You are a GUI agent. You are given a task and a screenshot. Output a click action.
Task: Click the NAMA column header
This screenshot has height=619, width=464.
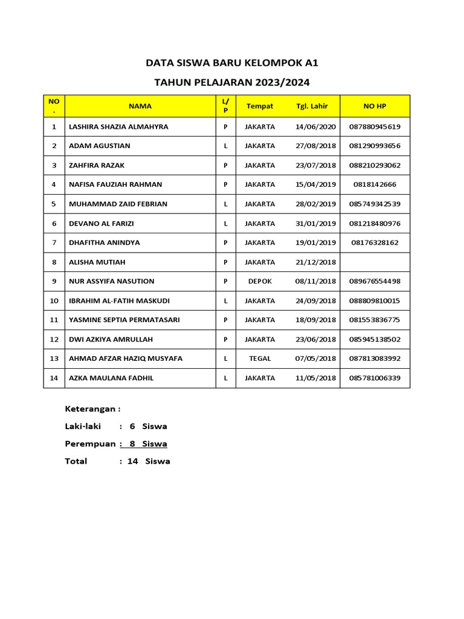pos(140,106)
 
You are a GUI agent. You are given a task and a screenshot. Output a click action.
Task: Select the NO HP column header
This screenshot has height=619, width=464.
pos(375,106)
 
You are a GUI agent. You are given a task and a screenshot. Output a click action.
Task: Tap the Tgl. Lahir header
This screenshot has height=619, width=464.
pos(312,106)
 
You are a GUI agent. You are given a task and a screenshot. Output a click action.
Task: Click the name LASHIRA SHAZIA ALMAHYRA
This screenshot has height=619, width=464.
pos(119,127)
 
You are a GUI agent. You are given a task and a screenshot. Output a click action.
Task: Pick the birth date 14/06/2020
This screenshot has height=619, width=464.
pos(315,127)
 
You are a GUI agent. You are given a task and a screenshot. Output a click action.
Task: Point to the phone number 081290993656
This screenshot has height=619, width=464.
pos(375,146)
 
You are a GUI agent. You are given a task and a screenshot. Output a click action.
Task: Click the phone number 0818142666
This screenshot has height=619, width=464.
pos(375,184)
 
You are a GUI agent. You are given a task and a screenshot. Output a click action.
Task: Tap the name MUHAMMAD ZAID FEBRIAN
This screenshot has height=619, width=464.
pos(118,204)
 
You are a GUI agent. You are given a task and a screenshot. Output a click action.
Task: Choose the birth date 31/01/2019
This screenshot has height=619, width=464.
pos(315,223)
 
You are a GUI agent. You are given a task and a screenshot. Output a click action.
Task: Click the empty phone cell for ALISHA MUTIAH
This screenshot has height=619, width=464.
pos(375,262)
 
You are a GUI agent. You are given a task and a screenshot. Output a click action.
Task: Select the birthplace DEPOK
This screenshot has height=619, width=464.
pos(260,281)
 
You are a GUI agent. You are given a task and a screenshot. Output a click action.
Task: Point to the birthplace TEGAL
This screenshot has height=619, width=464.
pos(260,358)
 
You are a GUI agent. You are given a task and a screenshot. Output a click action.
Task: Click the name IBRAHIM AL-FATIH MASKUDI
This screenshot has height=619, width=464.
pos(120,300)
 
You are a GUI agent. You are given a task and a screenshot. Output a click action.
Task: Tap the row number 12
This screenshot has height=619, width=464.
pos(54,339)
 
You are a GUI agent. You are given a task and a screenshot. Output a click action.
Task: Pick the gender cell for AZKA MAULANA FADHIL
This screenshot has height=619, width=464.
pos(225,378)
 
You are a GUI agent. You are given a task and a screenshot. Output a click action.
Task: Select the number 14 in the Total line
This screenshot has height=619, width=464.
pos(133,461)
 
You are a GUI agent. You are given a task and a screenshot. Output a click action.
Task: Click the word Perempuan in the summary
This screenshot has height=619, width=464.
pos(90,444)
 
